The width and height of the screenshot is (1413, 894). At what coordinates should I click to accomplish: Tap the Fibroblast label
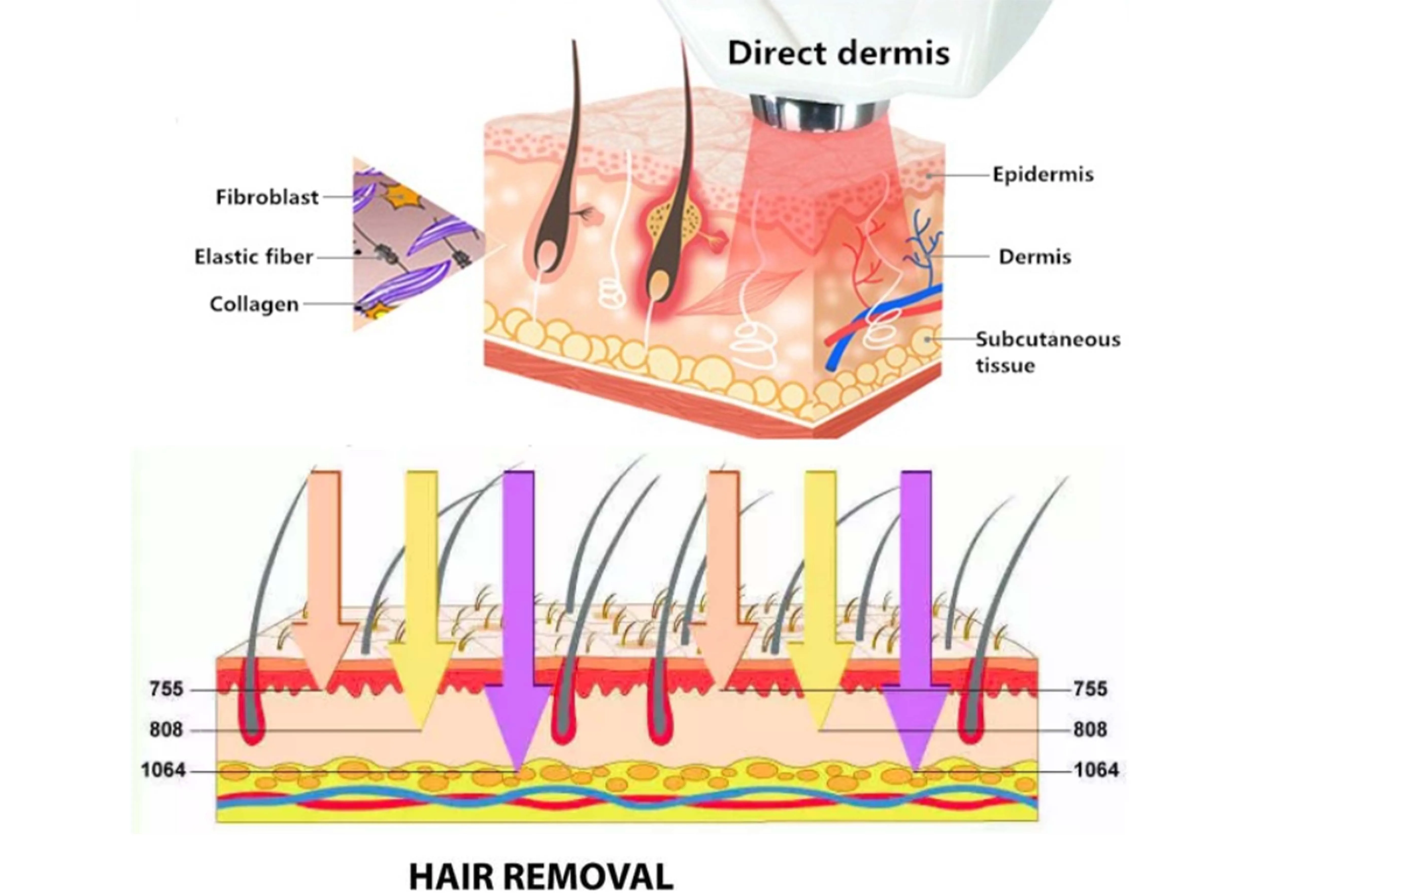(267, 197)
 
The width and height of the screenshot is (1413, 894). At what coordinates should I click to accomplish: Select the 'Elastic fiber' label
(254, 257)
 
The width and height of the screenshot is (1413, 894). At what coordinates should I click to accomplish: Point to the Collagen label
(254, 304)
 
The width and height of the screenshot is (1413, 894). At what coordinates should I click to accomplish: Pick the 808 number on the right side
(1090, 730)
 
